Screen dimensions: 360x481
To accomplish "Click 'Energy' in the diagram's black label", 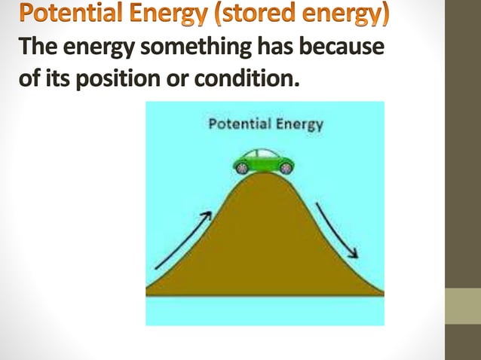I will click(300, 124).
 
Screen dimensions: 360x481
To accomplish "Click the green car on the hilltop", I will click(263, 161).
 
